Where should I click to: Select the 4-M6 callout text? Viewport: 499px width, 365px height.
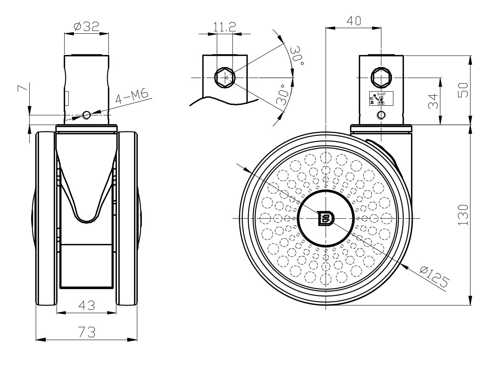[x=132, y=98]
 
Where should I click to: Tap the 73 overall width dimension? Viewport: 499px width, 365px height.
[x=86, y=332]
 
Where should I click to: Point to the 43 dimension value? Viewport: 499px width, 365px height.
[x=86, y=306]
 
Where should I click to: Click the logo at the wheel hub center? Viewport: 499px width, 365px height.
[x=326, y=218]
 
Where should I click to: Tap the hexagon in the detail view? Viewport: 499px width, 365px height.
[x=224, y=77]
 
